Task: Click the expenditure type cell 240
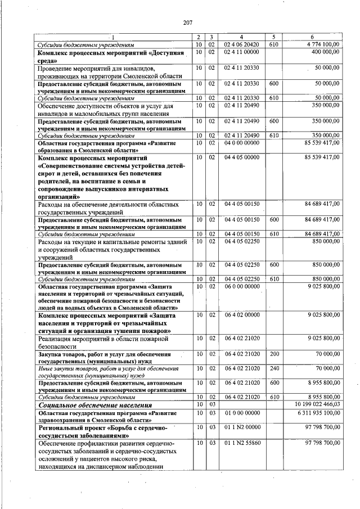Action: [x=274, y=368]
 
